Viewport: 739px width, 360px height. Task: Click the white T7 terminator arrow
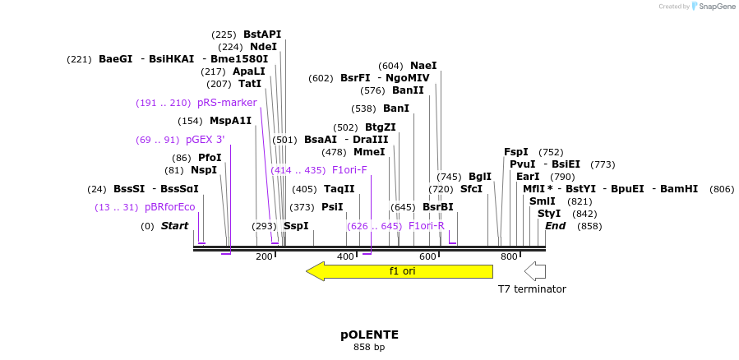click(x=535, y=271)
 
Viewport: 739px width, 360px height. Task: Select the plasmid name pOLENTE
click(x=369, y=335)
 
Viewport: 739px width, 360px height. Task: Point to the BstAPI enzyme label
click(x=262, y=35)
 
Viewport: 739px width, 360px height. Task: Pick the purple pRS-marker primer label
click(x=227, y=103)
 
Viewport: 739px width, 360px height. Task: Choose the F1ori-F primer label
click(x=349, y=170)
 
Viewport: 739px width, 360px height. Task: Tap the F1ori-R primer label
click(x=427, y=226)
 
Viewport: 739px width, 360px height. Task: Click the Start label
click(x=174, y=226)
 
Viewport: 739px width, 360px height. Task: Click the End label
click(x=556, y=226)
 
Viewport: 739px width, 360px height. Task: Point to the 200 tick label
click(x=264, y=257)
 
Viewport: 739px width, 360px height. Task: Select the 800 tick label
click(x=509, y=257)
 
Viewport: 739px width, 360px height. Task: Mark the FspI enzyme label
click(x=515, y=152)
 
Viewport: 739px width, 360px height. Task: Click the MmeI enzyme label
click(x=369, y=152)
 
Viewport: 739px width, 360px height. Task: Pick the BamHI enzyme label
click(x=678, y=189)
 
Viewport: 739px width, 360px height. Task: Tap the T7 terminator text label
click(x=532, y=289)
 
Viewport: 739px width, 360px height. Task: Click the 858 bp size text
click(x=369, y=348)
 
